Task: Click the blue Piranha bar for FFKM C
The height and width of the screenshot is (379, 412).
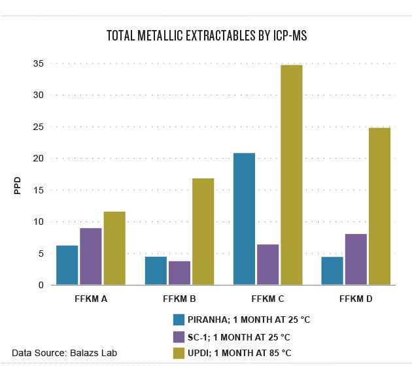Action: (244, 219)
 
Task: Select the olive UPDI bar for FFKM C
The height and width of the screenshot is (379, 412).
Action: (291, 174)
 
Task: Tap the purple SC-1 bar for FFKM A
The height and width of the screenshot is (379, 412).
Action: (90, 256)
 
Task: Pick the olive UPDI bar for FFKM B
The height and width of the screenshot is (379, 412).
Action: (203, 231)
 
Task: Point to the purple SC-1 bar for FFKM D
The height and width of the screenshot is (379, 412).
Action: (356, 259)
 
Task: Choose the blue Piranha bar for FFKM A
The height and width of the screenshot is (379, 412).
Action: (67, 265)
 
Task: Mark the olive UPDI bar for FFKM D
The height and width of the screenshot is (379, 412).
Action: (379, 206)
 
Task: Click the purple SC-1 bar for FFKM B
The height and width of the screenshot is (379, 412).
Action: (179, 272)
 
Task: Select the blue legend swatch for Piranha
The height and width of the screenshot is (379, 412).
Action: (179, 320)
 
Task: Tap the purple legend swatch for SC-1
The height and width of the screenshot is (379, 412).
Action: (179, 337)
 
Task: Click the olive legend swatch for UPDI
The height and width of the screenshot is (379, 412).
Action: (179, 354)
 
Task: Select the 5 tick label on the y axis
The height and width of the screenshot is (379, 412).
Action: (41, 254)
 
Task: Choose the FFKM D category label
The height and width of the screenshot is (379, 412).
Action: (356, 299)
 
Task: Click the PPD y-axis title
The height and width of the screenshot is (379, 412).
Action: (18, 186)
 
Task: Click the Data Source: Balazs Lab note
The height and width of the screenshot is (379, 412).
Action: (65, 354)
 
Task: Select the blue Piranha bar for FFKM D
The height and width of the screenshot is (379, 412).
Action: (332, 271)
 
